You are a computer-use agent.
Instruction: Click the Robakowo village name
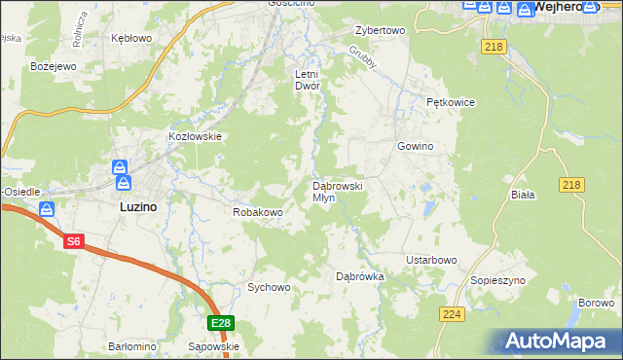[257, 211]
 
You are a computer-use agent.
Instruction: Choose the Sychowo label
[269, 287]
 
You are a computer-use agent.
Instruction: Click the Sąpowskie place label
[212, 346]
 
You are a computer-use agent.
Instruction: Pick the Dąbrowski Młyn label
[337, 191]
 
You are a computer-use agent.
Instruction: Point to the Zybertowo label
[380, 30]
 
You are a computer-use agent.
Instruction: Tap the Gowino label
[414, 146]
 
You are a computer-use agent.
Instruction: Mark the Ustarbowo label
[431, 261]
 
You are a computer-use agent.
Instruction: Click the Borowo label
[595, 303]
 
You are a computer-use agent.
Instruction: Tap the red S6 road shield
[74, 242]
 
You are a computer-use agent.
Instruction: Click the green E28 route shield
[221, 323]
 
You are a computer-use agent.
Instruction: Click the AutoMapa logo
[558, 342]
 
